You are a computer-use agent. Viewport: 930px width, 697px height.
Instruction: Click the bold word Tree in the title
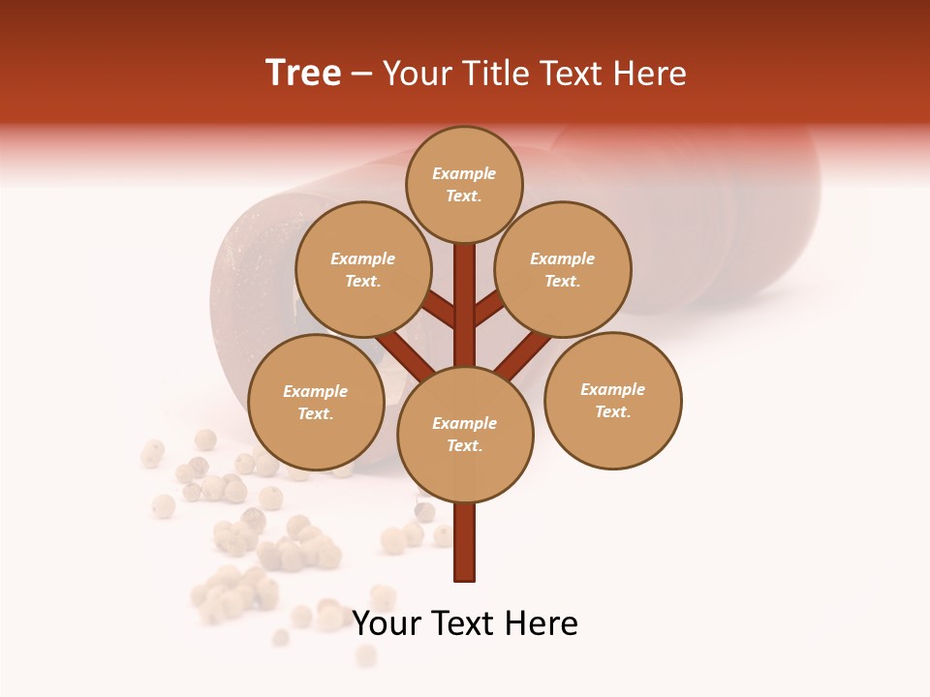coord(303,74)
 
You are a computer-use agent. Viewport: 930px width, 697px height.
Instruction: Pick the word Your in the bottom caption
coord(384,623)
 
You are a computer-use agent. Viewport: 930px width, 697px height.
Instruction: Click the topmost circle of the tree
coord(464,184)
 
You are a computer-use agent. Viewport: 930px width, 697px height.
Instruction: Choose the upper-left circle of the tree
coord(362,269)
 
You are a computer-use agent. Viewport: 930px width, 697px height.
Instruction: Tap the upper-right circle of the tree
coord(563,269)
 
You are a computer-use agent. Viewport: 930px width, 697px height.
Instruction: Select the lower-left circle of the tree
coord(316,402)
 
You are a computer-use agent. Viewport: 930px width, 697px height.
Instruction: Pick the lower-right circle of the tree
coord(612,400)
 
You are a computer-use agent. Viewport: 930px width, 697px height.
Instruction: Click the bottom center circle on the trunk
coord(465,435)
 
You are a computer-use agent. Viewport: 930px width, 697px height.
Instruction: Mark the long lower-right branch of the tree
coord(523,355)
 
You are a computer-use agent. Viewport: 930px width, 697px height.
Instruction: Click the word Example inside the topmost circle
coord(464,173)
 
